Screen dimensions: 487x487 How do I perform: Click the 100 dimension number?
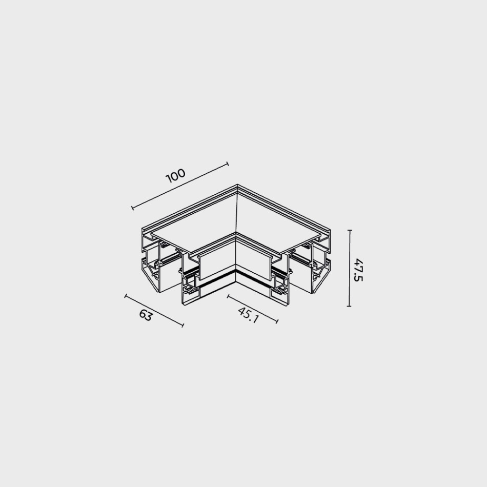click(176, 176)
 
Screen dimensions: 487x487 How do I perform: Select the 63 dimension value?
click(146, 315)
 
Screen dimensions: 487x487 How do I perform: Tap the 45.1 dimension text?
click(248, 315)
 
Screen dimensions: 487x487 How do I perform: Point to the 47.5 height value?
click(358, 270)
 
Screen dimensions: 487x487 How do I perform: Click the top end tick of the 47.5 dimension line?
click(350, 231)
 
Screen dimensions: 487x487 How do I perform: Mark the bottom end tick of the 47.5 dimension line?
click(349, 306)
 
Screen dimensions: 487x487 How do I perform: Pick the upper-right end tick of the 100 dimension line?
click(228, 164)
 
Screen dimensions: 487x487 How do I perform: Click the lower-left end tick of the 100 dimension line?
click(133, 208)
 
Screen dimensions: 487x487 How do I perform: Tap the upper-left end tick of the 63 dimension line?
click(126, 296)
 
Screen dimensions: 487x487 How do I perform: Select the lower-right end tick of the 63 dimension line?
click(182, 325)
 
